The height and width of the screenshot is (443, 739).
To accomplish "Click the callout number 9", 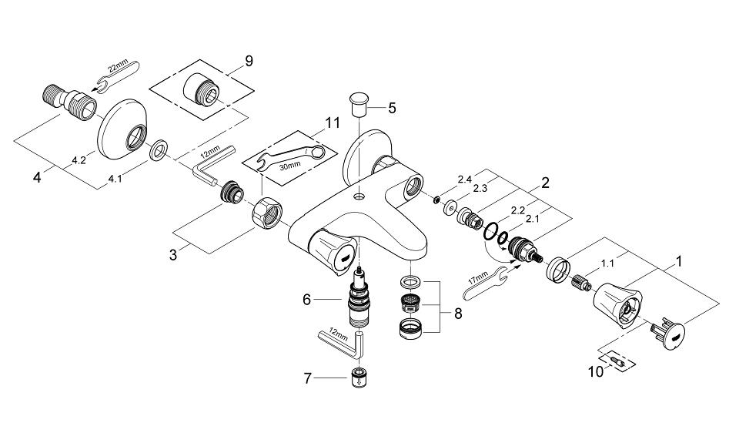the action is tap(249, 60).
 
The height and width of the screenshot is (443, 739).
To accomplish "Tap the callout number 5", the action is tap(392, 108).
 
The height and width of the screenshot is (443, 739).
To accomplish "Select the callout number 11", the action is tap(333, 122).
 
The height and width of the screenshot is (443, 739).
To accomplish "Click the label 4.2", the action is tap(79, 160).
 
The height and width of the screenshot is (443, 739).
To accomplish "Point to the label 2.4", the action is tap(464, 180).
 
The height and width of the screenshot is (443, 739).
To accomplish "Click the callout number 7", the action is tap(308, 378).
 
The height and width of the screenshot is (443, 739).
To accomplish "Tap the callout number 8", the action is tap(458, 313).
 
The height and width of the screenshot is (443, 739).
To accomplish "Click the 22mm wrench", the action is tap(116, 75).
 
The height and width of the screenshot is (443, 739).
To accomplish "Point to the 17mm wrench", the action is tap(485, 283).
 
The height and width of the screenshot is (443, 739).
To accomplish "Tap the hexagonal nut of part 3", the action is tap(267, 213).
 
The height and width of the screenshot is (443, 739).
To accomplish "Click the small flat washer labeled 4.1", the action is tap(158, 149).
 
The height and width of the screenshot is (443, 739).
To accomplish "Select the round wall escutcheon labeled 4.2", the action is tap(122, 129).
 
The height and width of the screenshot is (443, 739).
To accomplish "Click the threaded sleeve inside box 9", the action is tap(200, 89).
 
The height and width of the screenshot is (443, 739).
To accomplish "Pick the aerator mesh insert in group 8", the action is tap(410, 302).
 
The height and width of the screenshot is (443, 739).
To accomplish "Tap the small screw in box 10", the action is tap(617, 361).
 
